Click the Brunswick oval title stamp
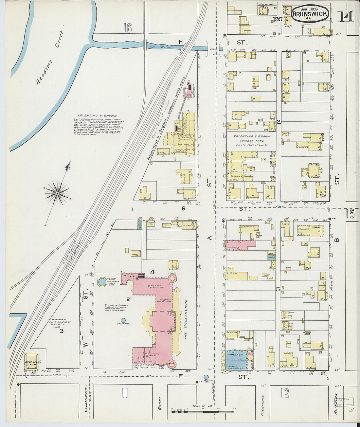306,14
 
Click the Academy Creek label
50,58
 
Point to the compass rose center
58,193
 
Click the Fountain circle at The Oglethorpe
123,320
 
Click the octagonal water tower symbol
102,281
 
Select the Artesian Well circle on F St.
206,377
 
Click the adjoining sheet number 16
127,28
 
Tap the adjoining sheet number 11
125,393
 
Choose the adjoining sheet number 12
285,392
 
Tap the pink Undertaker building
238,246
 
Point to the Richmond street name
262,405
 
